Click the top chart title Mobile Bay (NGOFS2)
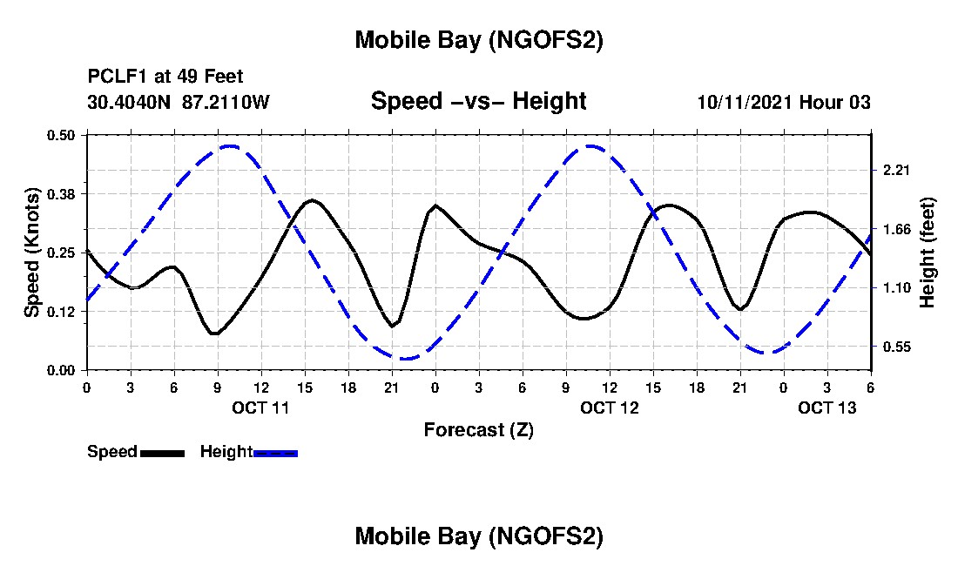point(479,41)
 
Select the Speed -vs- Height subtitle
point(479,101)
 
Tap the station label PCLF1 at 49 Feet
point(165,77)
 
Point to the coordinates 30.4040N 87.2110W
point(179,103)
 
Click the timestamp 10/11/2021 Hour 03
point(784,103)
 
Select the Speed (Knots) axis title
point(32,253)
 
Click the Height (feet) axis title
point(928,253)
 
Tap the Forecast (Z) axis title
point(478,429)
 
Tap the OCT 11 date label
point(261,408)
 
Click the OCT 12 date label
point(610,408)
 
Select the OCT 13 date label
point(827,408)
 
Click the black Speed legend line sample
point(162,453)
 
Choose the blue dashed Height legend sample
point(275,453)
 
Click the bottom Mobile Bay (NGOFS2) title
point(479,537)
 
